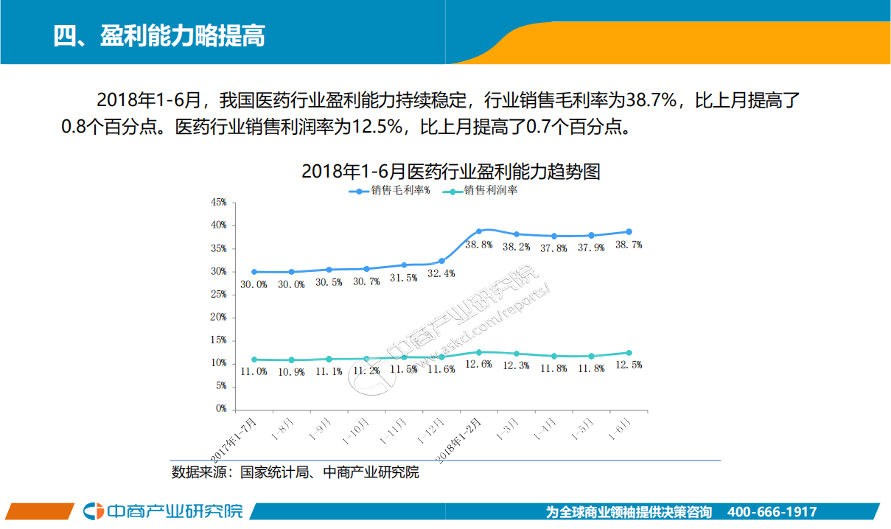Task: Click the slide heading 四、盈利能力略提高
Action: click(159, 35)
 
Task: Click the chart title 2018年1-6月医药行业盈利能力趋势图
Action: click(450, 172)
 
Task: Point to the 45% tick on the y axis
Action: click(218, 203)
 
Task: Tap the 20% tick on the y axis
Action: click(218, 318)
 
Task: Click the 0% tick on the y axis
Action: click(220, 409)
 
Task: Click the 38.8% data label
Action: click(478, 245)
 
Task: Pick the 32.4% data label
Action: click(441, 273)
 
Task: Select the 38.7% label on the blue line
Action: click(628, 245)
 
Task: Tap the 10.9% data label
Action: click(291, 372)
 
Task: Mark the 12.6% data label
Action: click(478, 365)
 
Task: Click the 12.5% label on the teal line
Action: click(628, 365)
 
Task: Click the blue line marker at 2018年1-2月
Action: click(479, 231)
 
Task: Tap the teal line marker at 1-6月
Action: click(629, 353)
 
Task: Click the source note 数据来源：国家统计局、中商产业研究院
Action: click(295, 472)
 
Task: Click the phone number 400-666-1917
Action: click(772, 512)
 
